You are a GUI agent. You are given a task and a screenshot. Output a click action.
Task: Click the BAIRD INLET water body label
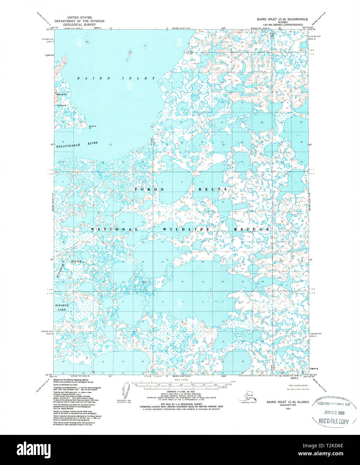pos(116,78)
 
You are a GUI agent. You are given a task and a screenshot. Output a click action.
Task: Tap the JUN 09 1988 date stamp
pos(333,413)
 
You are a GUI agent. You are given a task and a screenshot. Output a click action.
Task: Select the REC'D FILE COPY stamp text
pos(334,422)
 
